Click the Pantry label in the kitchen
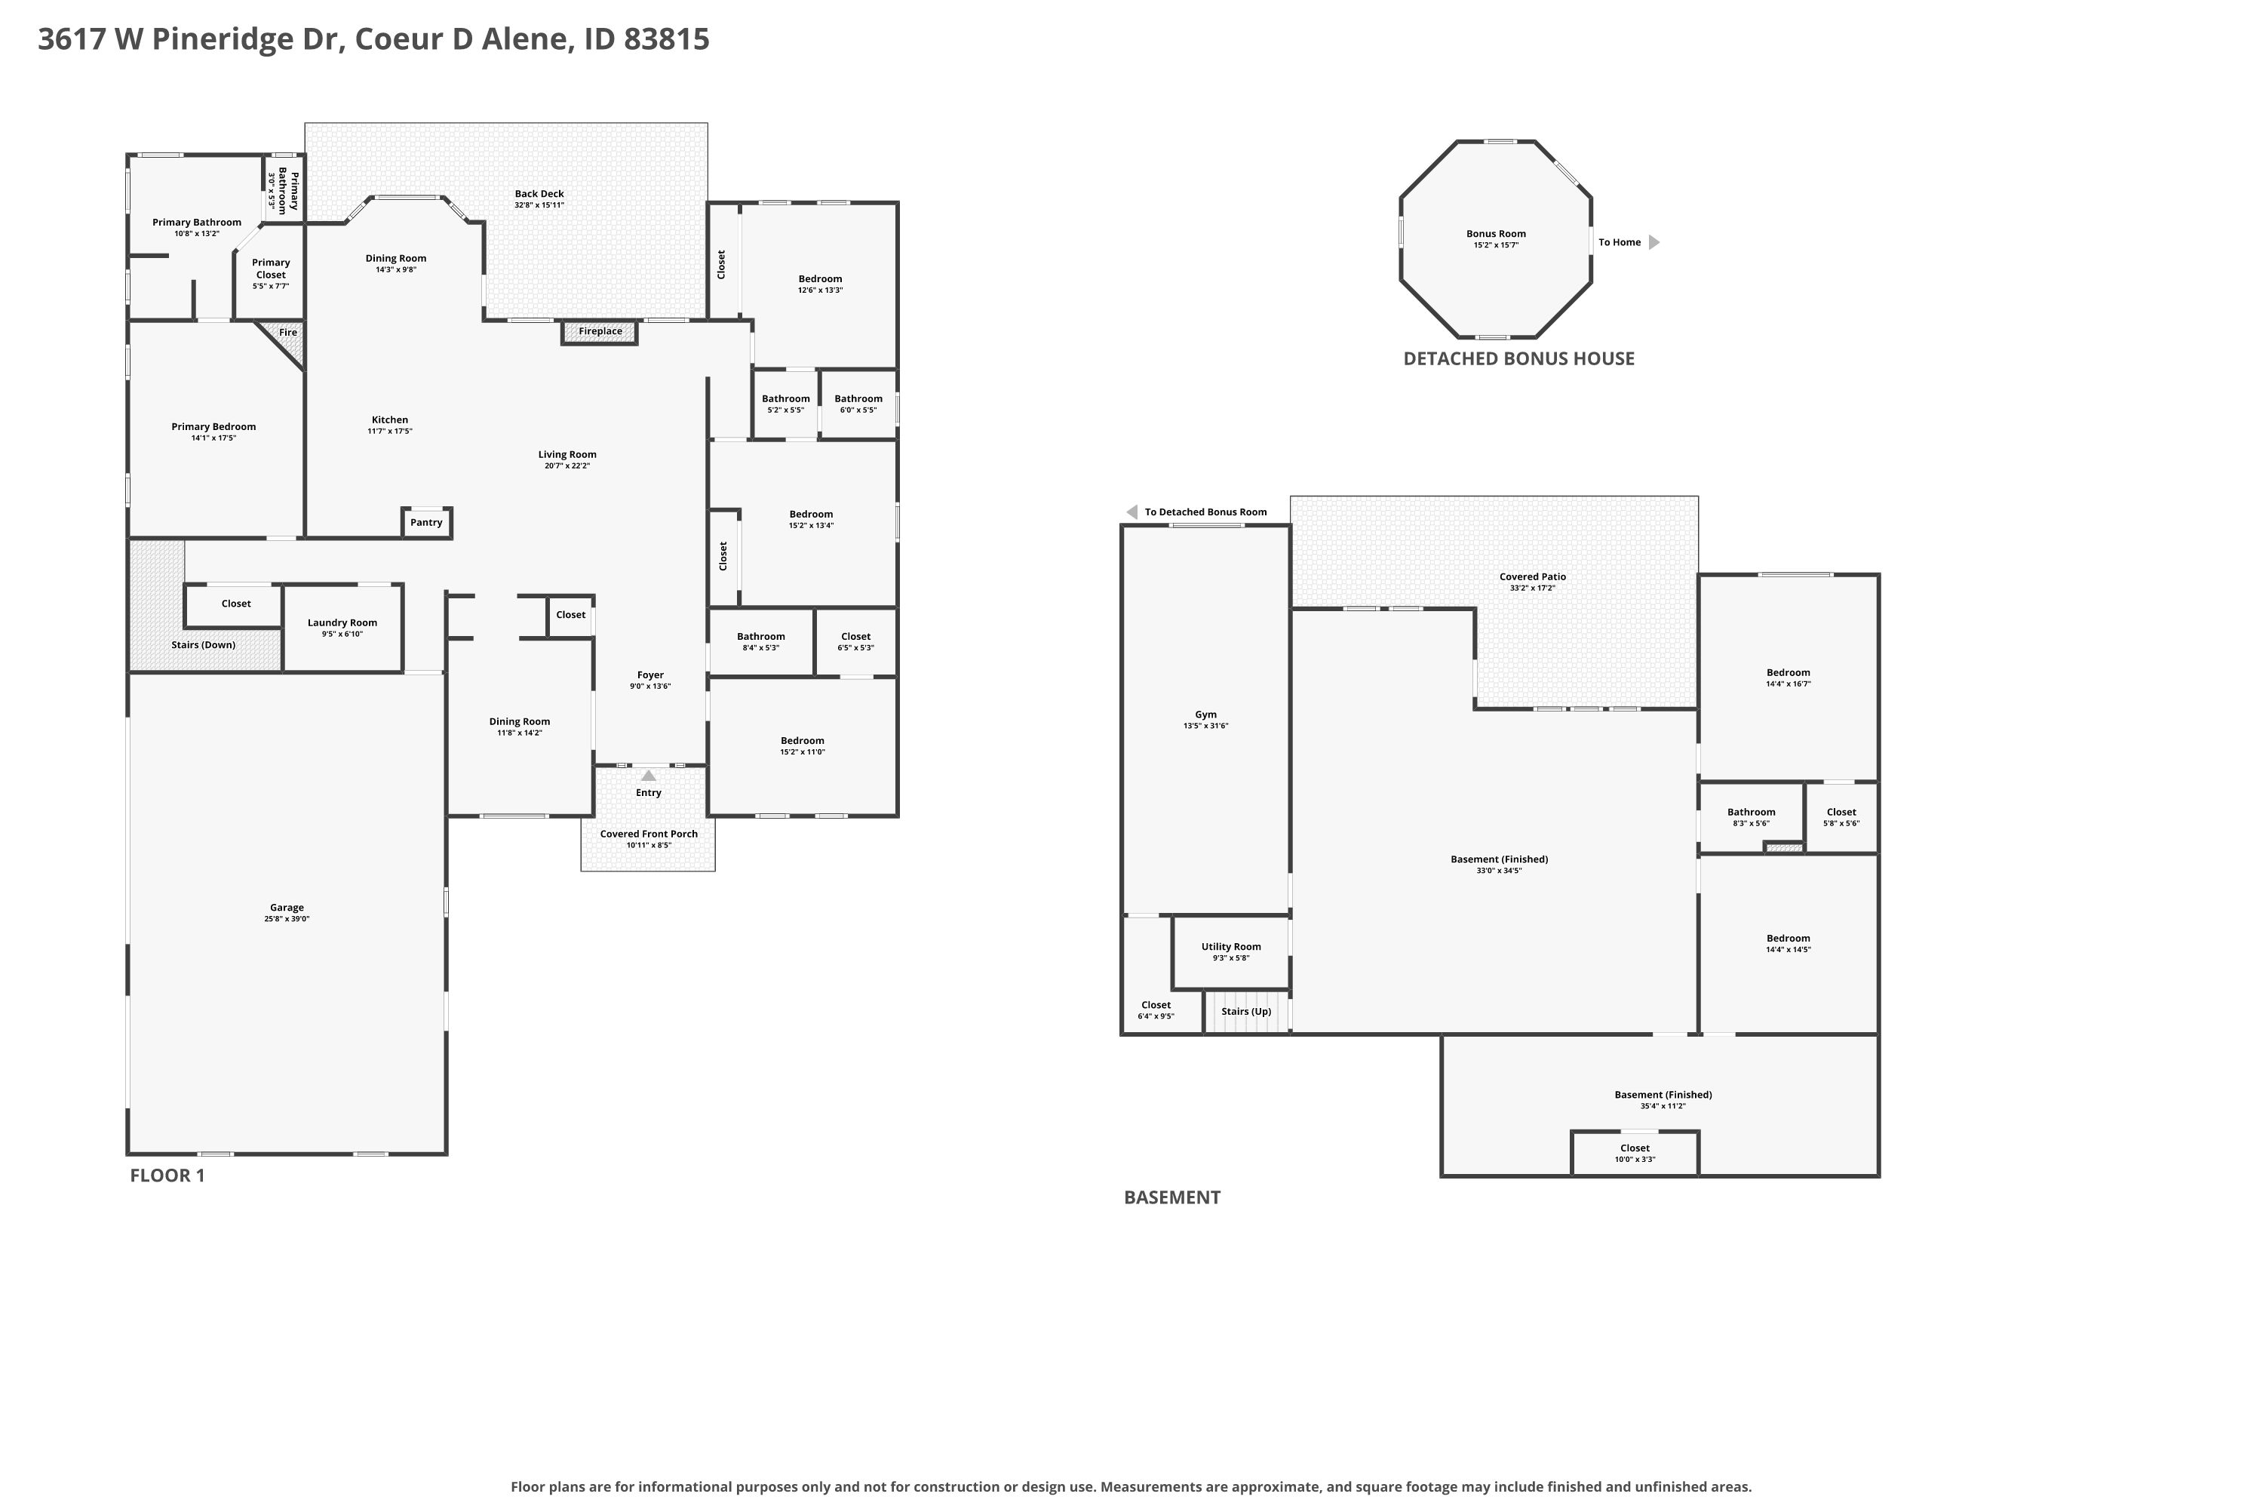(x=426, y=523)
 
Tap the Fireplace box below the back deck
(x=600, y=332)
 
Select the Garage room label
(x=287, y=908)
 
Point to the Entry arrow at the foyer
(x=649, y=776)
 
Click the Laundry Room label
(x=342, y=622)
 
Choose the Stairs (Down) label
(x=203, y=645)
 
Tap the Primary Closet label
(x=272, y=269)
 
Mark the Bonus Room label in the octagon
(x=1496, y=234)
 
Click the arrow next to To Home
(x=1654, y=242)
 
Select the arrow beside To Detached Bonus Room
(x=1131, y=512)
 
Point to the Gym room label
(x=1205, y=715)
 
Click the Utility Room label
(x=1230, y=947)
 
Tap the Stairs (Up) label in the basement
(x=1246, y=1012)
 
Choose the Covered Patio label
(x=1533, y=577)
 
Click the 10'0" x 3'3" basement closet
(x=1635, y=1153)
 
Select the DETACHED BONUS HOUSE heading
(x=1518, y=359)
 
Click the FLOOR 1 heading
(x=167, y=1175)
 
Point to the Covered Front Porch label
(x=649, y=834)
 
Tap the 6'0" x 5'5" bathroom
(x=858, y=404)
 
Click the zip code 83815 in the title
(x=666, y=39)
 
